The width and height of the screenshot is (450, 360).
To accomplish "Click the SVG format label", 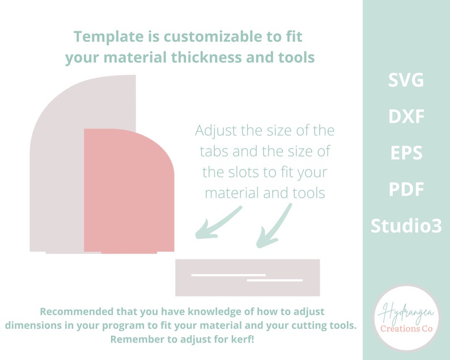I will [406, 81].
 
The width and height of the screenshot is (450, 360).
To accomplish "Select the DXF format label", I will [406, 117].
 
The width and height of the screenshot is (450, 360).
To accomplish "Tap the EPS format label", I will [406, 153].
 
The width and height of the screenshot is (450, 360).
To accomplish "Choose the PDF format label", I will [406, 189].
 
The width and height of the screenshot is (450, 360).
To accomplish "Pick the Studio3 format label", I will [406, 226].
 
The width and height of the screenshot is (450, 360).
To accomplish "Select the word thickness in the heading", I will [216, 58].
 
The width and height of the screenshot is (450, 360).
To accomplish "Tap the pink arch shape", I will [128, 193].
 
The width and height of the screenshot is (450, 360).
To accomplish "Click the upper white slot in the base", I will [228, 275].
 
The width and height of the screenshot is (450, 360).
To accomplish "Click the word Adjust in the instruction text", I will [215, 131].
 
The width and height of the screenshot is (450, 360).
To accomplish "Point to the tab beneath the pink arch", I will [129, 253].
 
